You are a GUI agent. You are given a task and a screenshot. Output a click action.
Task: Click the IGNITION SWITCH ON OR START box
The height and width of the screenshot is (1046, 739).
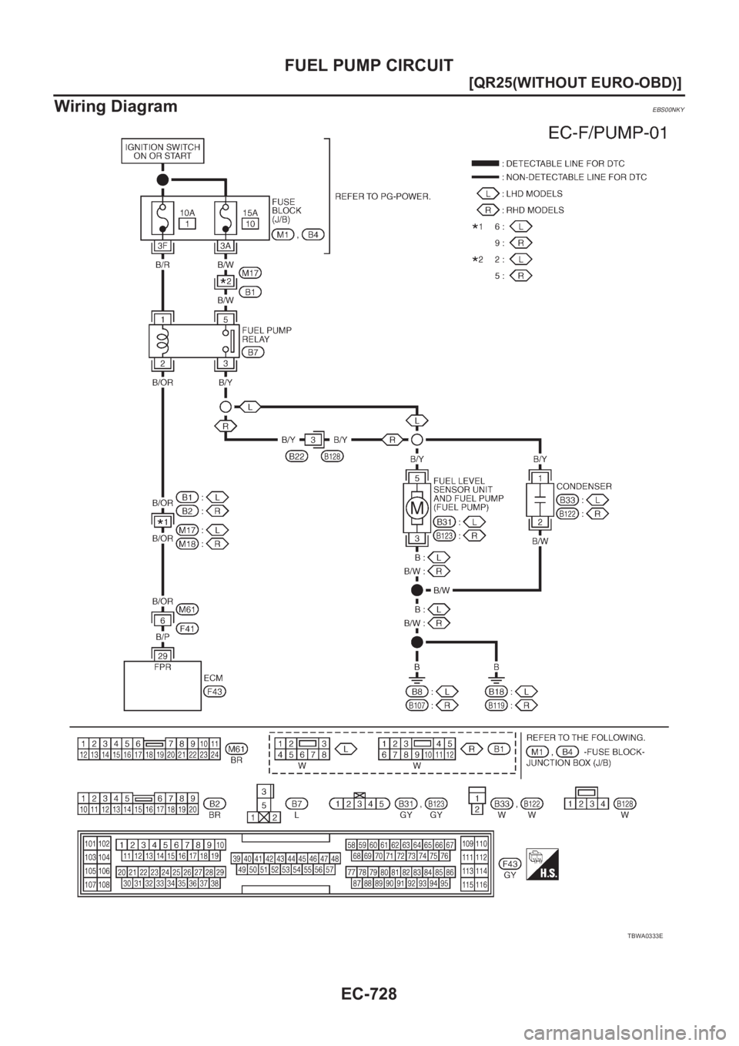point(162,150)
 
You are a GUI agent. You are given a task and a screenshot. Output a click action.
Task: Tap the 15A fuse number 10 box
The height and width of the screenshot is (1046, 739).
point(250,223)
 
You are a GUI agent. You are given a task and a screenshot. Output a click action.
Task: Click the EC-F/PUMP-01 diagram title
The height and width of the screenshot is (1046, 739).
point(607,136)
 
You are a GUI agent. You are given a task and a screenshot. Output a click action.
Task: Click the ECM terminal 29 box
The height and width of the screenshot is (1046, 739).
point(162,655)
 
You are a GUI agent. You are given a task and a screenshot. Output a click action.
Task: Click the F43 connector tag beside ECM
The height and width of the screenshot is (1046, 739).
point(214,692)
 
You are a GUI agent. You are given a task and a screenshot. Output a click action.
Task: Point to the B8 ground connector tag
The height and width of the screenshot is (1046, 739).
point(420,691)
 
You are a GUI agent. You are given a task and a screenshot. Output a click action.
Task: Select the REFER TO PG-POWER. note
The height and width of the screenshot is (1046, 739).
point(383,196)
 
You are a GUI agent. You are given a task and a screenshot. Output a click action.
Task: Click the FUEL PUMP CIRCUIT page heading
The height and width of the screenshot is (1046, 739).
point(369,64)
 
